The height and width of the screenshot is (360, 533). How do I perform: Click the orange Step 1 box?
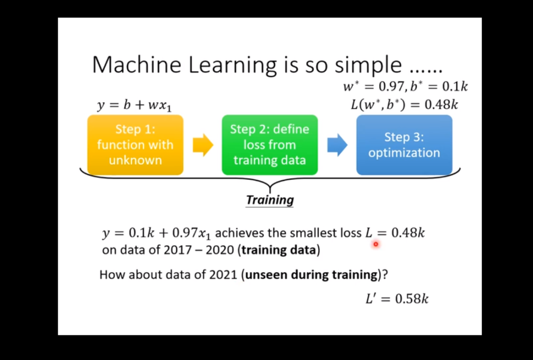135,145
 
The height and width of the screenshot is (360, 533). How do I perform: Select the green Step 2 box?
270,145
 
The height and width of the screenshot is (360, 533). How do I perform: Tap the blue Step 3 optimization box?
404,145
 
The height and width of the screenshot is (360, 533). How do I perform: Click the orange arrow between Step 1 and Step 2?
203,145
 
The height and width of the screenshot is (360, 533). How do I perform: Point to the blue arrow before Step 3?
337,145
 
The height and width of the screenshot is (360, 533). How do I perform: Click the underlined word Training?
269,200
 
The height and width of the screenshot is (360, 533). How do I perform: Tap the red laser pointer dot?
376,244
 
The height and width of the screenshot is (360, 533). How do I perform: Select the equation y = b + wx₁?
134,105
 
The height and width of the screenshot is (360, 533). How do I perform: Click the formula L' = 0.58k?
397,299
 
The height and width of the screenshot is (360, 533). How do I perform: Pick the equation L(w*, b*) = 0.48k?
405,104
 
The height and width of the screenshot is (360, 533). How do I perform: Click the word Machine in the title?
137,65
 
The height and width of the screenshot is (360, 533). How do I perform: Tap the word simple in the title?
368,65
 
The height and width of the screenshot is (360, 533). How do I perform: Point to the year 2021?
223,274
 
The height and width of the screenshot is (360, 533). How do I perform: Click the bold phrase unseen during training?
311,275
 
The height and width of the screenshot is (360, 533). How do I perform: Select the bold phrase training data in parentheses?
279,250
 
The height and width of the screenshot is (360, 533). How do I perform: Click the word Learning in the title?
232,65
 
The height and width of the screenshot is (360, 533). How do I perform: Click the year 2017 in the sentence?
178,250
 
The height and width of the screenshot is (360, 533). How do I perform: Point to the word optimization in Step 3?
404,153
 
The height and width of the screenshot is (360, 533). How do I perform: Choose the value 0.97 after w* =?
391,87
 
